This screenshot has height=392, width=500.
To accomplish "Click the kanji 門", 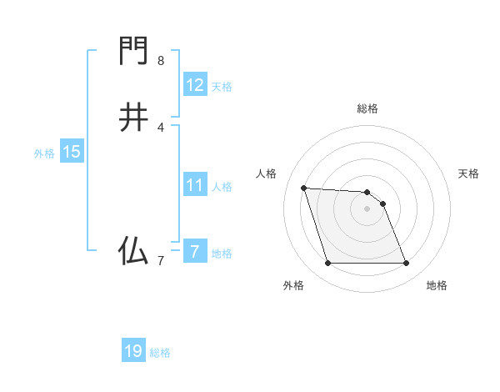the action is click(x=133, y=53).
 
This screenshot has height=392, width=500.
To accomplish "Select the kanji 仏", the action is click(x=133, y=251).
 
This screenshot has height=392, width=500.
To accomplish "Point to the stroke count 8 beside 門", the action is click(x=161, y=61).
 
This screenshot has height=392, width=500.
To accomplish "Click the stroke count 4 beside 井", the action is click(x=161, y=127).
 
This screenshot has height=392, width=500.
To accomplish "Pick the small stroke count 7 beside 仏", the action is click(x=161, y=261).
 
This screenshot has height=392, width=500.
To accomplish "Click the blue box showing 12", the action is click(x=194, y=85).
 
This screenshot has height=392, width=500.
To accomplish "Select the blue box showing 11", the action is click(x=194, y=185).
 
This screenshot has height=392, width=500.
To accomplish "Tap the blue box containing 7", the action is click(x=194, y=251).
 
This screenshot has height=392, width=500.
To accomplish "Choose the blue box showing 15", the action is click(x=72, y=152).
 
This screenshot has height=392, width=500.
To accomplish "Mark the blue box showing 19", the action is click(x=133, y=351).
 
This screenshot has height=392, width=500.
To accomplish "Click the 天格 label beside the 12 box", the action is click(x=222, y=87).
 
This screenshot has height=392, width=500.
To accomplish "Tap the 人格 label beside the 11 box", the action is click(x=222, y=187).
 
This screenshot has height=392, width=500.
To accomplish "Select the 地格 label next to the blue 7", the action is click(x=222, y=254).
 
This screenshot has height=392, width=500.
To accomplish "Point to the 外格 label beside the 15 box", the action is click(x=44, y=153).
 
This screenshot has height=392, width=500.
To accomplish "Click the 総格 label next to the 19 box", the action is click(x=160, y=353).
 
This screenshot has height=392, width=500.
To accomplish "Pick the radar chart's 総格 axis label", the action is click(x=367, y=108).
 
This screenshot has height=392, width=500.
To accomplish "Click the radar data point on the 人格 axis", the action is click(x=304, y=188).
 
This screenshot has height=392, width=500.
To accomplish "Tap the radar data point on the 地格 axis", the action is click(x=406, y=264).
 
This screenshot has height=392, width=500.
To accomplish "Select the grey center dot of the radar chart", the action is click(x=367, y=209).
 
